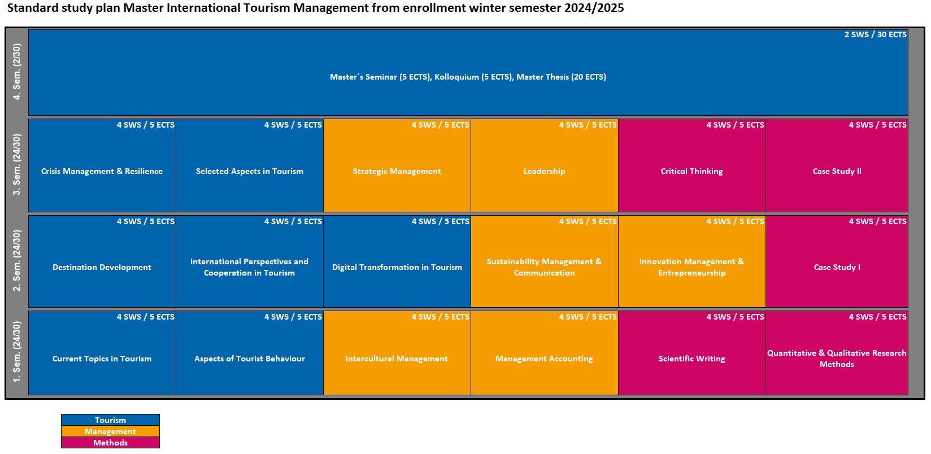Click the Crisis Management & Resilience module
coord(102,165)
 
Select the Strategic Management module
coord(397,165)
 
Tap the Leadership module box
coord(545,165)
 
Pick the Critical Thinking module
coord(692,165)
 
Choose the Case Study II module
coord(837,165)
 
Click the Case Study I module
coord(837,261)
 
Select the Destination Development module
coord(102,261)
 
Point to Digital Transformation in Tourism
coord(397,261)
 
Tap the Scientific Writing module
coord(692,353)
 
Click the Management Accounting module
coord(545,353)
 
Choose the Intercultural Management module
coord(397,353)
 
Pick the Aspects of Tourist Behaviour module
coord(249,353)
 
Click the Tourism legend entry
coord(111,420)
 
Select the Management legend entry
coord(111,431)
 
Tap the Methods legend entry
coord(111,442)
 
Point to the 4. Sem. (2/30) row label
coord(16,72)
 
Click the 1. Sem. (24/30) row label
coord(16,352)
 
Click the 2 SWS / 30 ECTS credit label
coord(875,34)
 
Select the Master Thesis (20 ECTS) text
coord(561,77)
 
